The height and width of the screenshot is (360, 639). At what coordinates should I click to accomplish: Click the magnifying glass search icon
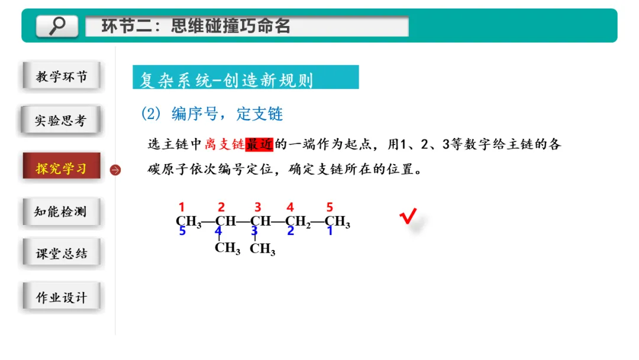(x=57, y=25)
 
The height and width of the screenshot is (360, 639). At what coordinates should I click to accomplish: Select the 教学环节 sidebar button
(x=62, y=77)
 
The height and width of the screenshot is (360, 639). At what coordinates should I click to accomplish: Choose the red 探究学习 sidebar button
(x=61, y=168)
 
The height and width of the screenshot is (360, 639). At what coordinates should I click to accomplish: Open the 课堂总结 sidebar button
(x=62, y=253)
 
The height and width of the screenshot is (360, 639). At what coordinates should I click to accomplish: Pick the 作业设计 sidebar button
(x=61, y=297)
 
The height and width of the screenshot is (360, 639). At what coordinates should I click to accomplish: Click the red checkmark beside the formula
(x=408, y=217)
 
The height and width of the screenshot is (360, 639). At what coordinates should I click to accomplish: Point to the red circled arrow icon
(x=115, y=170)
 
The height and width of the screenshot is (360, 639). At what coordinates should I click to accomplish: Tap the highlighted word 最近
(x=259, y=144)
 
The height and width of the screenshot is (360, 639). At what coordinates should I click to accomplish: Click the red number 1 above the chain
(x=182, y=207)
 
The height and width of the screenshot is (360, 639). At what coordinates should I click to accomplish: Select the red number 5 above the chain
(x=330, y=207)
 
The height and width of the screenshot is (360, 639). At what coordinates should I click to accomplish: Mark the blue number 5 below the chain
(x=182, y=232)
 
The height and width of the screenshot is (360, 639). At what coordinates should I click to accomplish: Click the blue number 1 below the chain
(x=330, y=232)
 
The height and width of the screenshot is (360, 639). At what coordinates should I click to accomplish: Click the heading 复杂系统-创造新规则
(x=227, y=79)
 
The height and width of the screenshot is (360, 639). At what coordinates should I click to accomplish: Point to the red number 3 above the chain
(x=258, y=207)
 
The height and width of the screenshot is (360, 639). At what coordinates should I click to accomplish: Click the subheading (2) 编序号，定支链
(x=212, y=114)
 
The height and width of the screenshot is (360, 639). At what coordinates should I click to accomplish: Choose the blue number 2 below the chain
(x=291, y=232)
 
